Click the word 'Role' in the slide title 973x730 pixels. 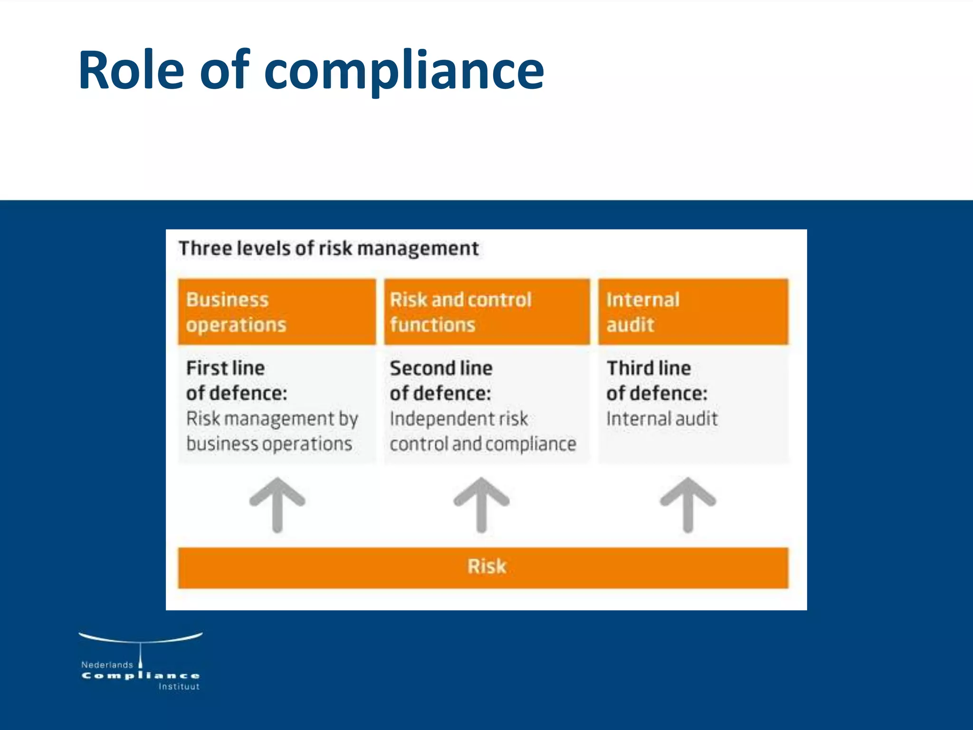click(x=131, y=70)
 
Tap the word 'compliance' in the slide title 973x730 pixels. click(x=404, y=71)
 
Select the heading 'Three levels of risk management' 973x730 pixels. click(x=329, y=249)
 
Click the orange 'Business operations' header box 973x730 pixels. click(x=277, y=312)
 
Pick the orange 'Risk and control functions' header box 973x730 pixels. click(x=487, y=312)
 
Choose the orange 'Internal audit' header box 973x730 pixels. click(x=693, y=312)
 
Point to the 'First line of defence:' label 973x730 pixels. click(x=237, y=381)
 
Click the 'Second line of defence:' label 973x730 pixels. click(x=441, y=381)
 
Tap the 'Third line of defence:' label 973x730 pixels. click(x=657, y=381)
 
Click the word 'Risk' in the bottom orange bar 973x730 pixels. click(x=487, y=567)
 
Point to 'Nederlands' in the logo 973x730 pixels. click(x=107, y=665)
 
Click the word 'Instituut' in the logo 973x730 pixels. click(x=179, y=687)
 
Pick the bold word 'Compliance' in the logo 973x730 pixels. click(x=141, y=676)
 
